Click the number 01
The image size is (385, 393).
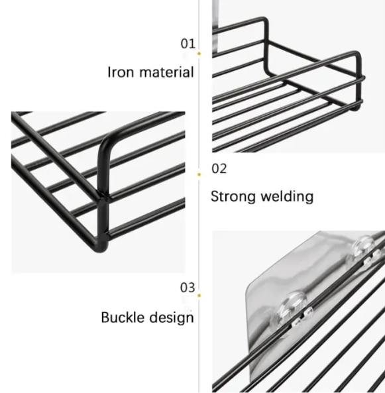pyautogui.click(x=188, y=44)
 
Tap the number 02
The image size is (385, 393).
pyautogui.click(x=219, y=168)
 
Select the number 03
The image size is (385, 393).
pyautogui.click(x=188, y=288)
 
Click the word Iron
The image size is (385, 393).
pyautogui.click(x=121, y=72)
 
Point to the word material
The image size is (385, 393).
pyautogui.click(x=166, y=72)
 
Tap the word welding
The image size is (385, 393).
pyautogui.click(x=287, y=196)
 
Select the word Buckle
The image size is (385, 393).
pyautogui.click(x=123, y=317)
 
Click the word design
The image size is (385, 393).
pyautogui.click(x=172, y=318)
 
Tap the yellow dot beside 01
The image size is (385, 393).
pyautogui.click(x=199, y=54)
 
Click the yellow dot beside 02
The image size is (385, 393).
pyautogui.click(x=199, y=174)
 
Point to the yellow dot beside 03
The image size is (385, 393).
pyautogui.click(x=199, y=296)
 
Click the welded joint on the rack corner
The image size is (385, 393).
pyautogui.click(x=103, y=199)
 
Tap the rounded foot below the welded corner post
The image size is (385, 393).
pyautogui.click(x=103, y=247)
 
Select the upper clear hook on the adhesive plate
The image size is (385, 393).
pyautogui.click(x=364, y=248)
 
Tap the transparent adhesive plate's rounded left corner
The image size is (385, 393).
pyautogui.click(x=250, y=288)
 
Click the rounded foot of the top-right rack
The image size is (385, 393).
pyautogui.click(x=356, y=108)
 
